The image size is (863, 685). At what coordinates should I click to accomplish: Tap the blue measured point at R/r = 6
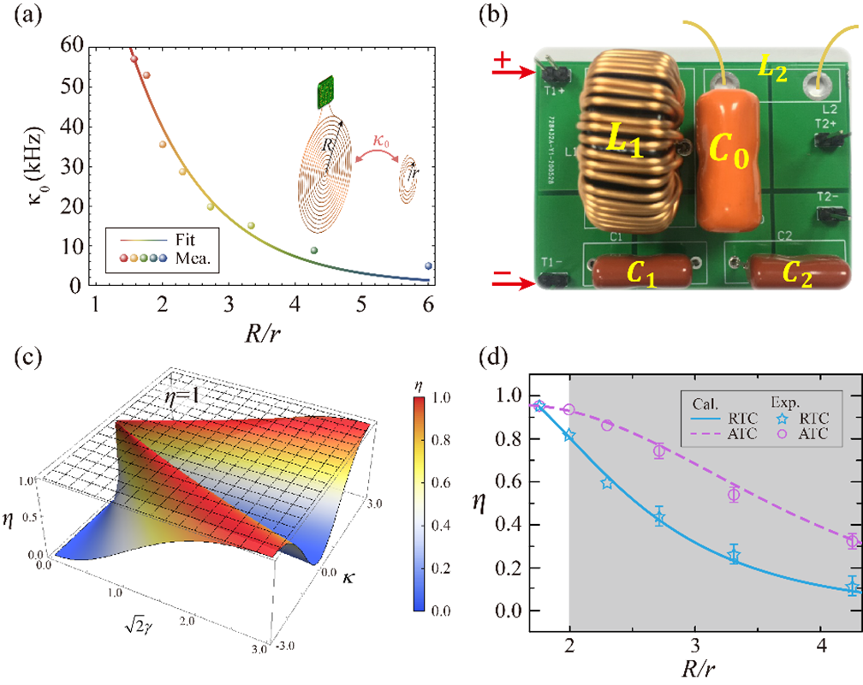point(428,266)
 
